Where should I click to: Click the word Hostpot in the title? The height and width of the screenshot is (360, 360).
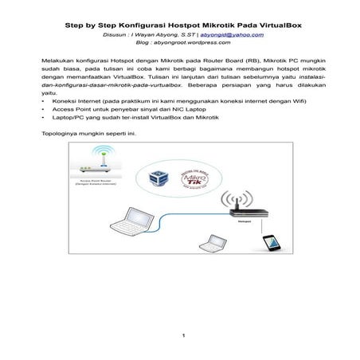[x=166, y=25]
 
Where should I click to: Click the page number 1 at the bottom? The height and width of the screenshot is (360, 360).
[x=182, y=335]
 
